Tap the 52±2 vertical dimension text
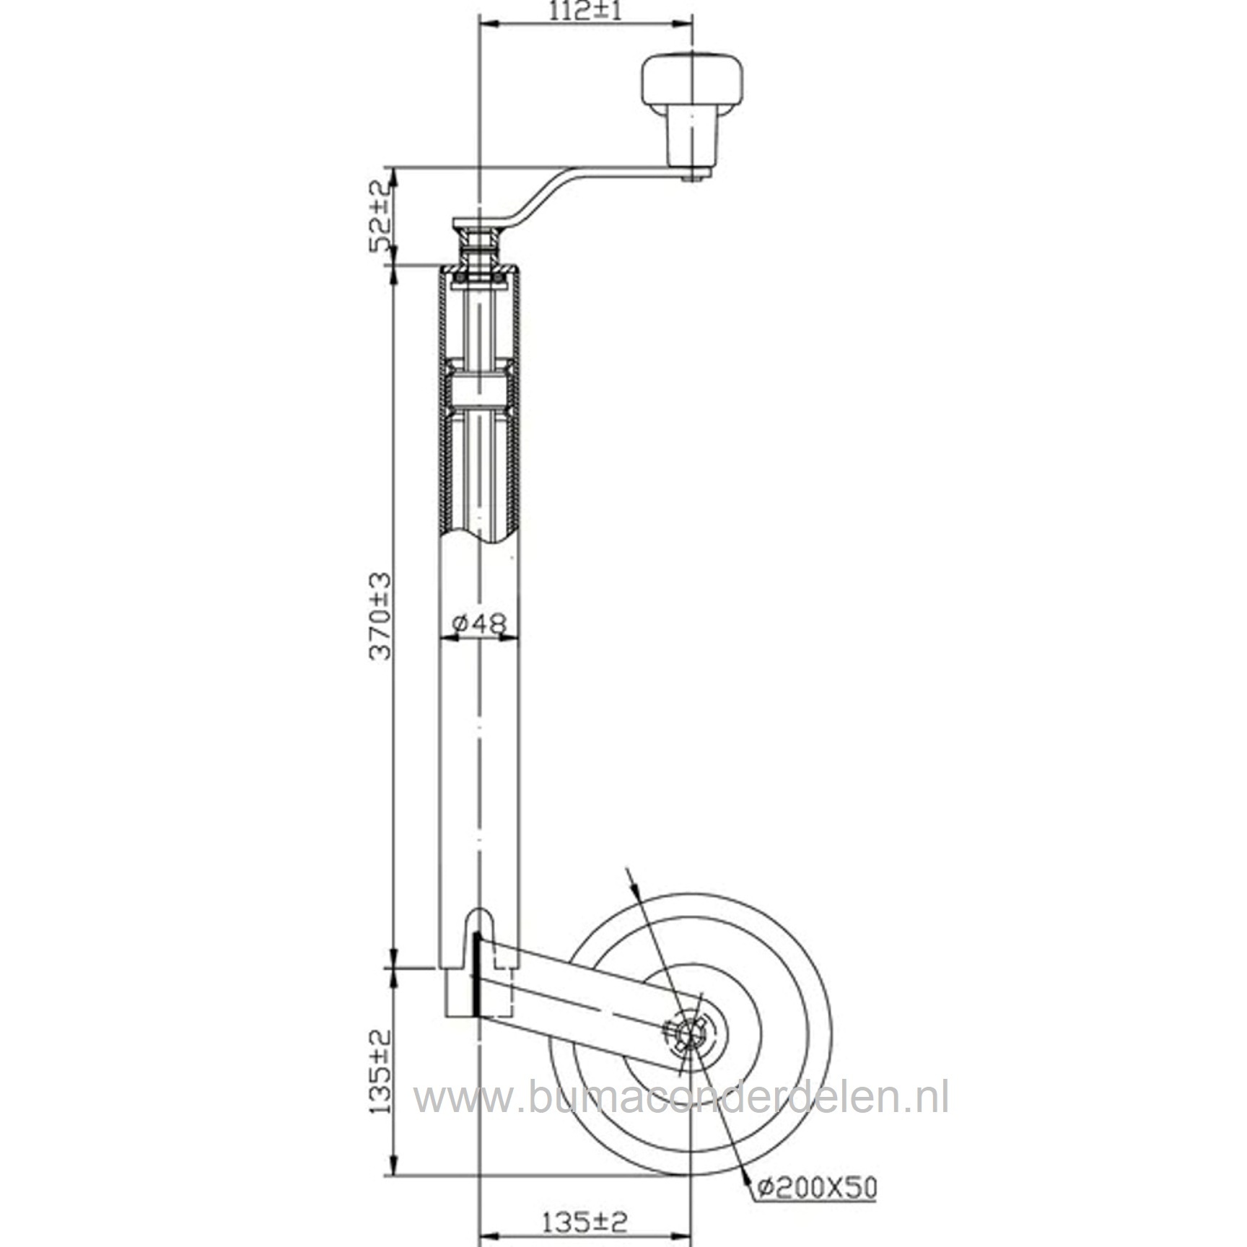[380, 215]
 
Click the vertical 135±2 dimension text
[380, 1071]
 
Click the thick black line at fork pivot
[476, 974]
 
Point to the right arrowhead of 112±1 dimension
[684, 25]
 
